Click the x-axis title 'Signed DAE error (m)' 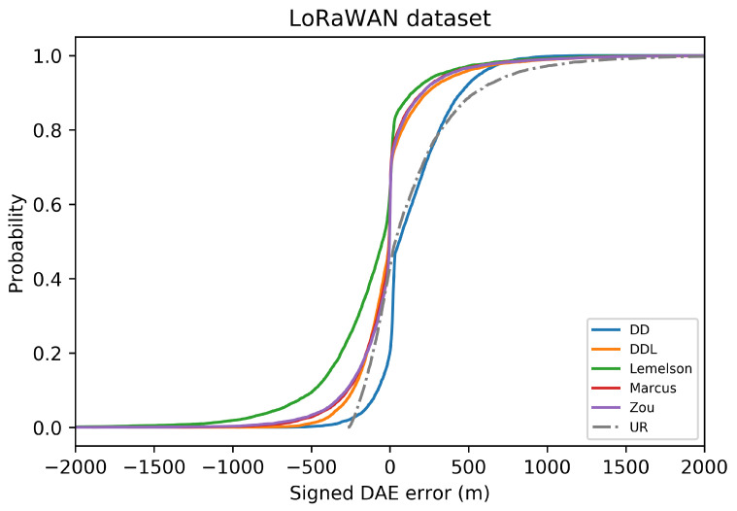pyautogui.click(x=389, y=493)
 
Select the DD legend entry pyautogui.click(x=642, y=330)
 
